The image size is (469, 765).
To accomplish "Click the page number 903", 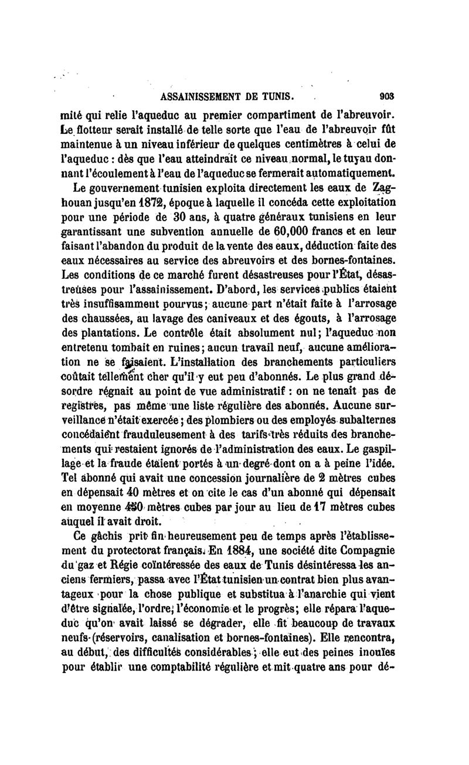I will click(387, 97).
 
